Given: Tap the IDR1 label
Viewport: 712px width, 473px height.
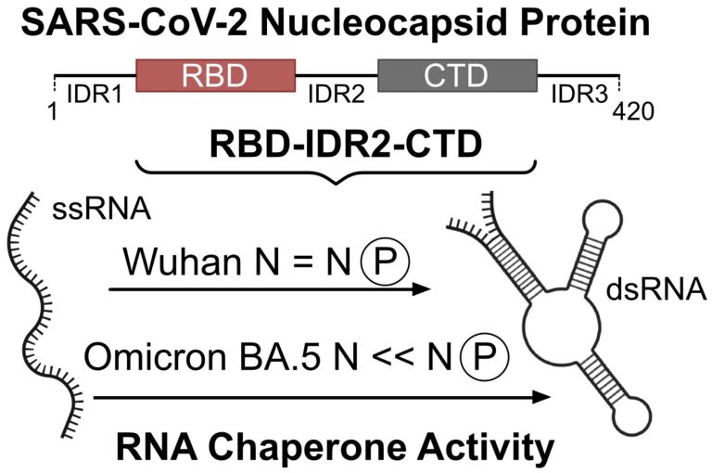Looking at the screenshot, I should click(x=93, y=93).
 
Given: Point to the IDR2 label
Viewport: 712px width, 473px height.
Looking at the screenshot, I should click(x=337, y=93).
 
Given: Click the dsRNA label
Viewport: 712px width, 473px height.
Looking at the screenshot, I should click(x=662, y=293).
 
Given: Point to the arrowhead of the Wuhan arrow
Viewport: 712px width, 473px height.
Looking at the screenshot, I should click(x=422, y=289).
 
